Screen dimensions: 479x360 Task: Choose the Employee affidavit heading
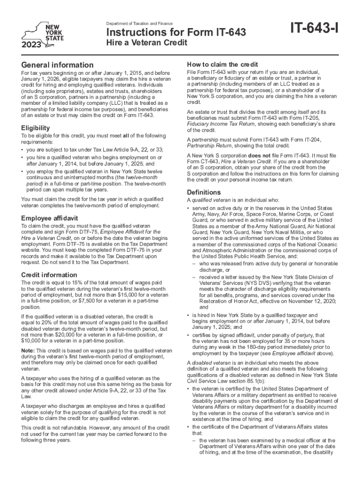[50, 218]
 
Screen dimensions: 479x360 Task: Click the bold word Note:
[29, 351]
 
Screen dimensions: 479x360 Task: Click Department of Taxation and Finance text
[140, 23]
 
